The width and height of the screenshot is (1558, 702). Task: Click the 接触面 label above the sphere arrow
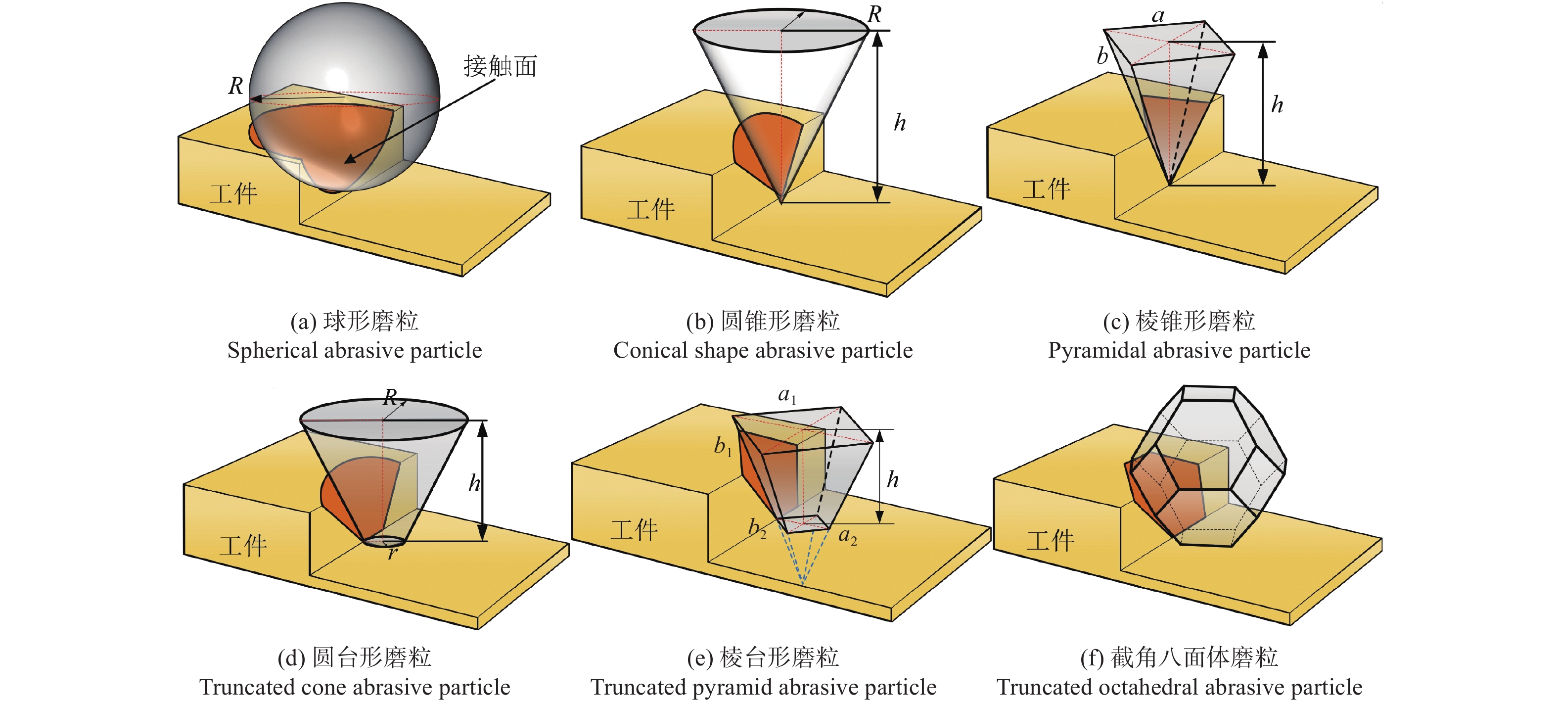(x=500, y=66)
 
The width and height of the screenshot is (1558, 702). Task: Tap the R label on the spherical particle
(x=235, y=86)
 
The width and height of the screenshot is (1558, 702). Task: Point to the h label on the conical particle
(x=900, y=124)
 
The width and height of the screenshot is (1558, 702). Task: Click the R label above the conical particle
(x=874, y=14)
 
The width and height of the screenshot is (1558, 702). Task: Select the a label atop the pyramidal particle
(x=1157, y=16)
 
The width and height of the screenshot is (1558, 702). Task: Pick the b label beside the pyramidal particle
(x=1102, y=56)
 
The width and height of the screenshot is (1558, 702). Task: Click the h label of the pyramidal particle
(x=1277, y=105)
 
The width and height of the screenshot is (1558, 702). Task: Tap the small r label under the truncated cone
(x=393, y=553)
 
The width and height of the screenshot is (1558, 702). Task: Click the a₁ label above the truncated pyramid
(x=787, y=396)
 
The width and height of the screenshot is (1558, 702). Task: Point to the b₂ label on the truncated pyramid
(x=757, y=528)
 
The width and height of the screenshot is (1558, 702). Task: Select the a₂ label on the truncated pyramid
(x=847, y=536)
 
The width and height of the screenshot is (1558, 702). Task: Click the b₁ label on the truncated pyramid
(x=723, y=447)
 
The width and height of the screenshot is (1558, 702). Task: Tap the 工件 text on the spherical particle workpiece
(x=233, y=194)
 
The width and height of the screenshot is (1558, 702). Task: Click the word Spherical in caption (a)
(x=272, y=350)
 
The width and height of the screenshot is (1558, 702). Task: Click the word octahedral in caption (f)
(x=1140, y=688)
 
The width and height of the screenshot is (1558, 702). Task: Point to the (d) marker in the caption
(x=291, y=658)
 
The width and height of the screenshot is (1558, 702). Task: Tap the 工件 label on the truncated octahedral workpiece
(x=1050, y=540)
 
